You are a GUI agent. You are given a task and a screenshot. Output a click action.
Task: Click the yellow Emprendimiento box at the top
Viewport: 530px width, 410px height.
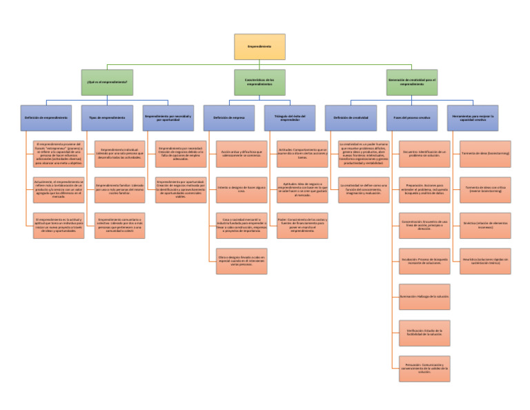click(x=259, y=46)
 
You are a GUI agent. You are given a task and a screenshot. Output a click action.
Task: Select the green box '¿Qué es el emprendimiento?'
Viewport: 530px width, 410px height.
click(x=107, y=82)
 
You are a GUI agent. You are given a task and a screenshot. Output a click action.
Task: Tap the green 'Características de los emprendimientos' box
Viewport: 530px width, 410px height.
click(x=259, y=82)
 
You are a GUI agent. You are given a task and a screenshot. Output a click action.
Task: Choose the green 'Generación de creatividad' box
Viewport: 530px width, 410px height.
click(x=412, y=82)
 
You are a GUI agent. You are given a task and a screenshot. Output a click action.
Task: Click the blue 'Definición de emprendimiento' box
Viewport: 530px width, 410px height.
click(x=46, y=118)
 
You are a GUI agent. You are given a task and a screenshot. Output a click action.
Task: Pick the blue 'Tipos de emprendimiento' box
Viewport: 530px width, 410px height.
click(x=107, y=118)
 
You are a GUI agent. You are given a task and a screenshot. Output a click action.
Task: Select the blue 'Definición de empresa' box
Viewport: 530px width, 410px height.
click(x=229, y=118)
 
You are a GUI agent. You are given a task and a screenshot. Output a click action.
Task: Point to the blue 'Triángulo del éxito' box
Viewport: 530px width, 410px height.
click(x=290, y=118)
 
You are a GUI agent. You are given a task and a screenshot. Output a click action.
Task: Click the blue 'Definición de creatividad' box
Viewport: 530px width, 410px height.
click(x=351, y=118)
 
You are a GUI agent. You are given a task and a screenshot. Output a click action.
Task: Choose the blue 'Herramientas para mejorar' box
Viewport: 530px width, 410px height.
click(x=473, y=118)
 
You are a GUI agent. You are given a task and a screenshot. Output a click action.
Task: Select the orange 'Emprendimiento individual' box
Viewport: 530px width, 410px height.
click(x=120, y=153)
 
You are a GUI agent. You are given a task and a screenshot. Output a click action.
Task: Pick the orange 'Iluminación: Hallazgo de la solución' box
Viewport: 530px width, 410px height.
click(x=424, y=297)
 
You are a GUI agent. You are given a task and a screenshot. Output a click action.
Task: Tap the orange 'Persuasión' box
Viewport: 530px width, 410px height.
click(x=424, y=369)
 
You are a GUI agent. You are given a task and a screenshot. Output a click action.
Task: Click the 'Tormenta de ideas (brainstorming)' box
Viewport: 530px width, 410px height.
click(x=485, y=153)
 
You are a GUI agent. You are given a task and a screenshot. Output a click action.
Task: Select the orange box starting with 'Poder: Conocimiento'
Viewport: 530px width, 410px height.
click(x=303, y=225)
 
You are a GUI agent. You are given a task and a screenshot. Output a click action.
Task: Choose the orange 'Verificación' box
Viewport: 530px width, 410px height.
click(x=424, y=333)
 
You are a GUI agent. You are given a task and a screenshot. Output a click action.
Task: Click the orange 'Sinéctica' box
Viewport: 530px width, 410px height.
click(x=485, y=225)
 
